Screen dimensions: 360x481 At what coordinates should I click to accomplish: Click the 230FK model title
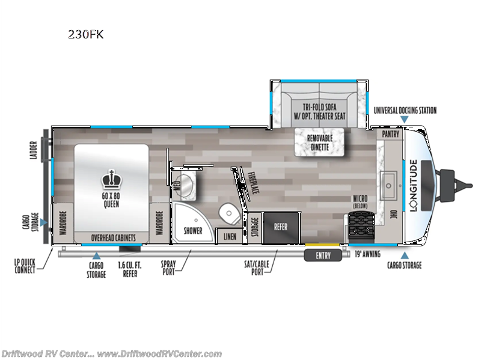pyautogui.click(x=86, y=34)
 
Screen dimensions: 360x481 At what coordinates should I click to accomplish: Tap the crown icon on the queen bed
pyautogui.click(x=110, y=179)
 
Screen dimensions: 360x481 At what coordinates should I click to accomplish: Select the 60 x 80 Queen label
pyautogui.click(x=110, y=200)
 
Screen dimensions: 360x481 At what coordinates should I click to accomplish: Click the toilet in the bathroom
pyautogui.click(x=229, y=212)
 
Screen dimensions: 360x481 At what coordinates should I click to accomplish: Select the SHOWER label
pyautogui.click(x=193, y=230)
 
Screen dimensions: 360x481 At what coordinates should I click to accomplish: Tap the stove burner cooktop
pyautogui.click(x=362, y=227)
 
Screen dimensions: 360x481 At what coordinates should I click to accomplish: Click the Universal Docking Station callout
pyautogui.click(x=405, y=110)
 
